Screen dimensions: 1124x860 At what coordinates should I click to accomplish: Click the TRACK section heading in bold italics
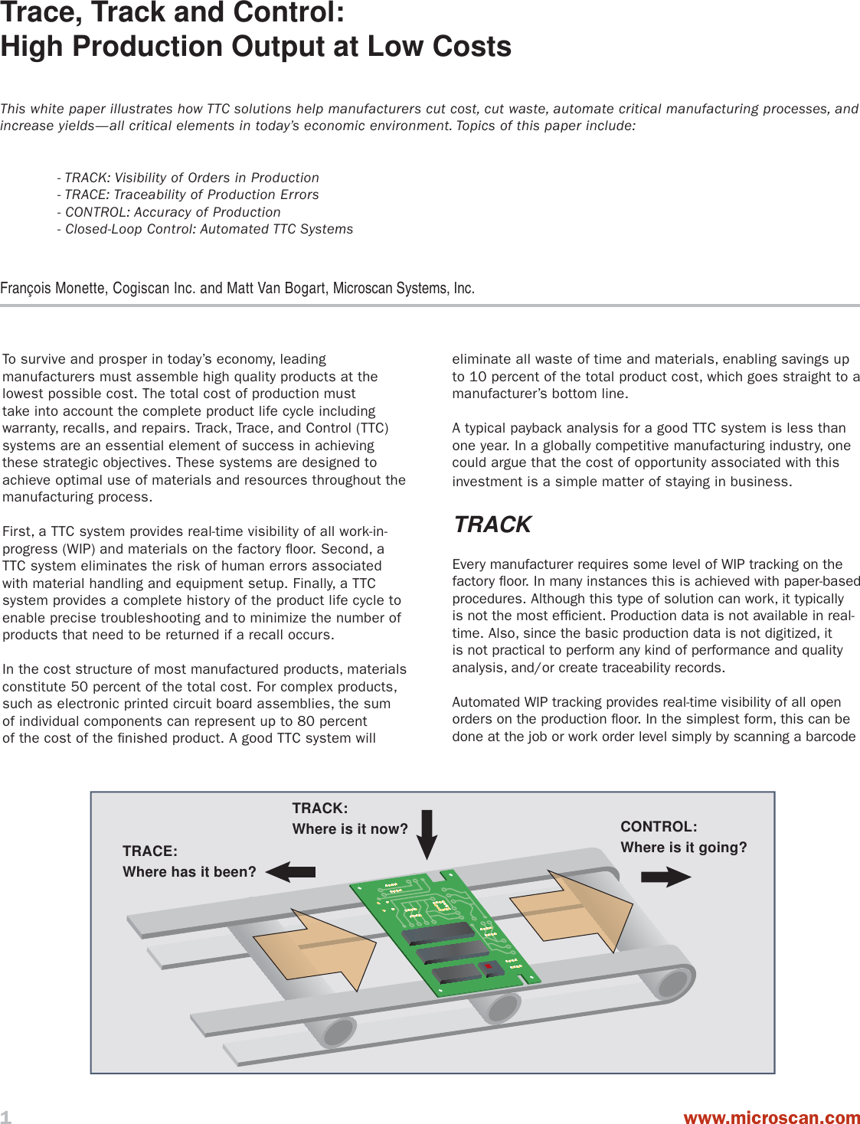click(492, 524)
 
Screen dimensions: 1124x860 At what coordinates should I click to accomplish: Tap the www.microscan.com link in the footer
click(771, 1117)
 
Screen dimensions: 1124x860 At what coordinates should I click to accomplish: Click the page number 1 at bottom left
click(6, 1116)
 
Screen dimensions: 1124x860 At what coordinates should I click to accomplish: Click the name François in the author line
click(26, 288)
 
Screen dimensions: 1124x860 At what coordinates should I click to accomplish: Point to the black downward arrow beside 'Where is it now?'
click(427, 834)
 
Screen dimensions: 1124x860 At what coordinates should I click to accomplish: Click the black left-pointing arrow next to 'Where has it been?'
click(291, 871)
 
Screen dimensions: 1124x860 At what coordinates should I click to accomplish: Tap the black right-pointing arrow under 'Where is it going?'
click(665, 877)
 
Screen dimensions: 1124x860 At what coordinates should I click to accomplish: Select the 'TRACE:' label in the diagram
click(150, 851)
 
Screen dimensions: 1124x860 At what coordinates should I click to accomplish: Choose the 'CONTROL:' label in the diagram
click(659, 826)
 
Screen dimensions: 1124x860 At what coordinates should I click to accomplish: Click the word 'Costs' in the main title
click(472, 47)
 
